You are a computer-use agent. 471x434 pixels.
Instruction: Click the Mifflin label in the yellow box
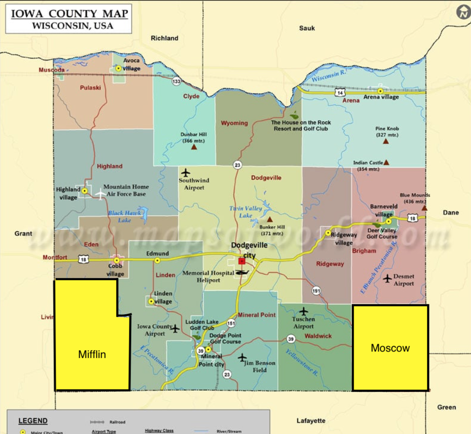pos(92,354)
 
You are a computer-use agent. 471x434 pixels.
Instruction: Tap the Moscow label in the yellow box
pos(390,348)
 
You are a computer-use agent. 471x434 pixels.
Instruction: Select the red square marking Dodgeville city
pos(242,261)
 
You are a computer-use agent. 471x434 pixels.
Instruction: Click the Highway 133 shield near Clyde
pos(176,81)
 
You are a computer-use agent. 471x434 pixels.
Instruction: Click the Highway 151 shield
pos(231,323)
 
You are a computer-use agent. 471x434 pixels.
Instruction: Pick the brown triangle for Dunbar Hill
pos(194,147)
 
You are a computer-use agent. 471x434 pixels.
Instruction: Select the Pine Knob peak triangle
pos(386,141)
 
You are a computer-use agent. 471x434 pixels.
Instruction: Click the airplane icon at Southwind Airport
pos(185,172)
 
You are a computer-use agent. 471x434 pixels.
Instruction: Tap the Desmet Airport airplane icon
pos(388,279)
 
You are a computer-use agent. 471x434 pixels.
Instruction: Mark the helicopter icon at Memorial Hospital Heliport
pos(242,273)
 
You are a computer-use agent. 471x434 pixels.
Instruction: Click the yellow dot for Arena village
pos(380,91)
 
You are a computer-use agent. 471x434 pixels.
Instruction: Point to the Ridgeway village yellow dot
pos(328,233)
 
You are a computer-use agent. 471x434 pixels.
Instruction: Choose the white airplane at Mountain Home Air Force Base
pos(100,194)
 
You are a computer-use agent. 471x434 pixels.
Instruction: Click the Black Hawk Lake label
pos(124,216)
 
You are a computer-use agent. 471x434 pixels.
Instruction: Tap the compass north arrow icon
pos(463,12)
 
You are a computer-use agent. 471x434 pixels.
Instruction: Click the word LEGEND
pos(33,421)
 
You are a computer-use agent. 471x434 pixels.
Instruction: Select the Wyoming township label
pos(234,123)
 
